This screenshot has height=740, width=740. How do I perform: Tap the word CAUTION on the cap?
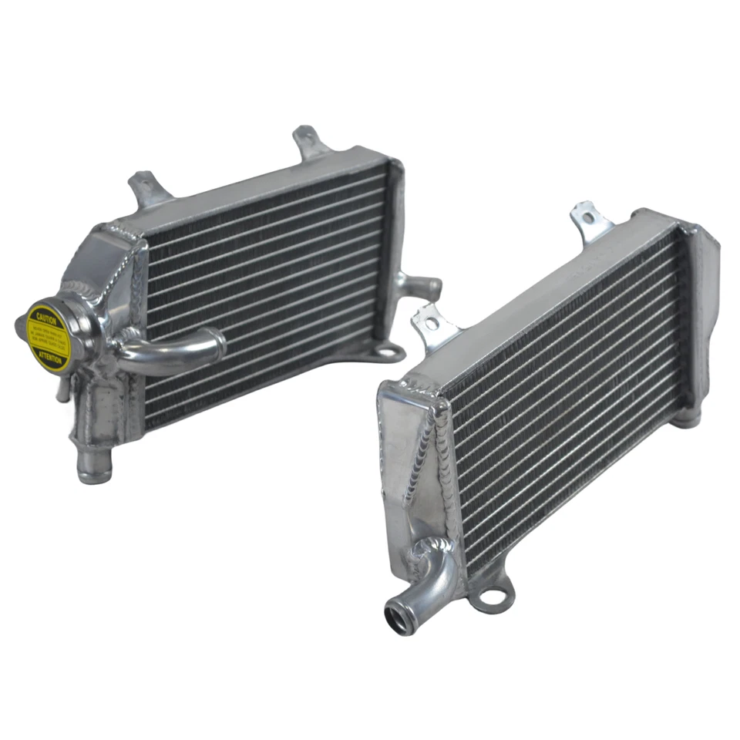pos(43,316)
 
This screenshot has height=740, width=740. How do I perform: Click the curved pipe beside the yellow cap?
pos(173,351)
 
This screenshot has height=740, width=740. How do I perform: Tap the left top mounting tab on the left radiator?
pos(145,190)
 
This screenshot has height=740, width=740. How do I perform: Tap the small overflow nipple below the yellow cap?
pos(62,390)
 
